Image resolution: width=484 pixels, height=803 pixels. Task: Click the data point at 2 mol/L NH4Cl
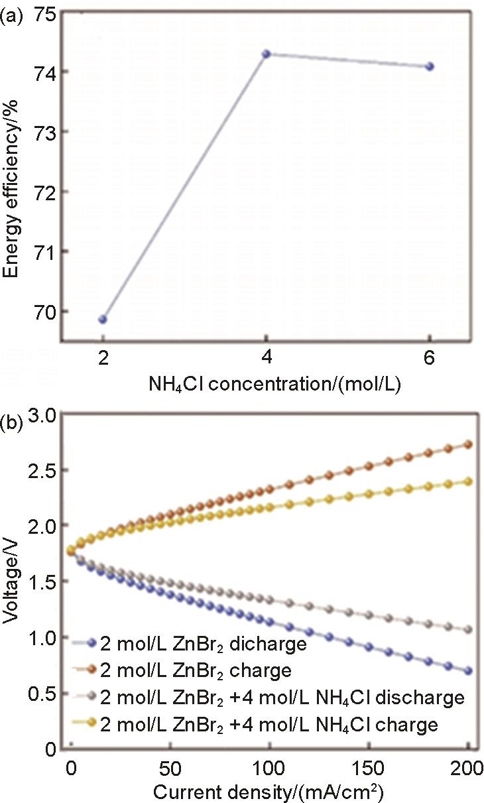coord(103,319)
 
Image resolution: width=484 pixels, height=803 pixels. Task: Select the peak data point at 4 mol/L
coord(267,54)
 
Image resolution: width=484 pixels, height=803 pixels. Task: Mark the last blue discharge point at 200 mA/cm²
coord(467,670)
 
